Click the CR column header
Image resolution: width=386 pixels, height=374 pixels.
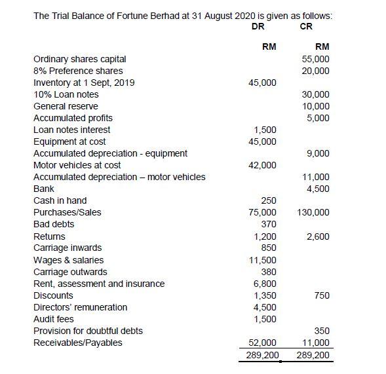[306, 26]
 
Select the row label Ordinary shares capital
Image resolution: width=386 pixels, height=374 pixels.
[79, 59]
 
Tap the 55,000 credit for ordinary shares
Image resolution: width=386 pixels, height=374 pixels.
[315, 59]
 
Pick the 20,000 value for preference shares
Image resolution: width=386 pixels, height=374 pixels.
[315, 71]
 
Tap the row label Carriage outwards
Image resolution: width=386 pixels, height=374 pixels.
[70, 272]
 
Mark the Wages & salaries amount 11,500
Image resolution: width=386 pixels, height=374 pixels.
[265, 260]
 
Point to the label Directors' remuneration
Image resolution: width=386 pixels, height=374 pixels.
[80, 307]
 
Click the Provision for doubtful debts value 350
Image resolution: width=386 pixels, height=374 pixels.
[321, 331]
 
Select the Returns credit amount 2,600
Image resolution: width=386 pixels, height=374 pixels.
[318, 236]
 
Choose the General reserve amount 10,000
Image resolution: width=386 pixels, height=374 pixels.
[315, 106]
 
